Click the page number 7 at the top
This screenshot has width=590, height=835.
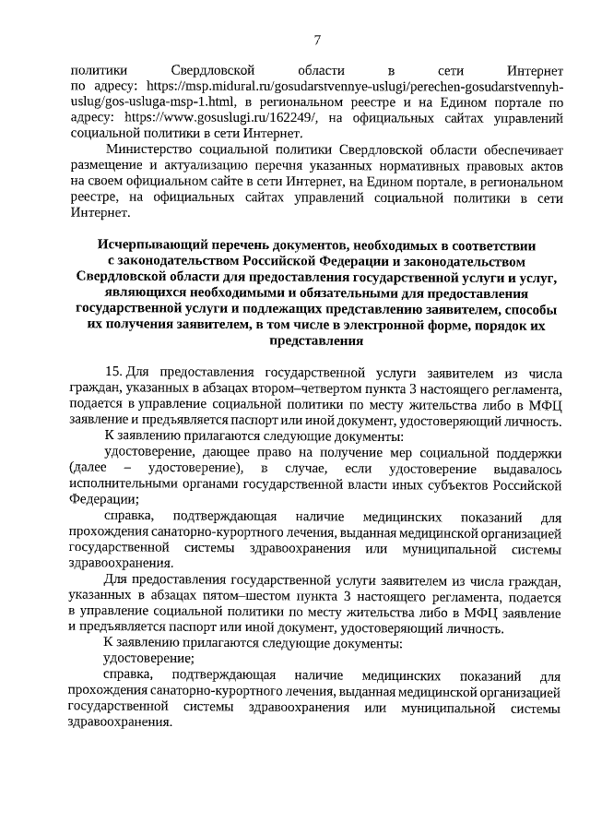click(x=317, y=40)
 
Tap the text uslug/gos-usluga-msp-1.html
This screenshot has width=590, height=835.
click(x=148, y=101)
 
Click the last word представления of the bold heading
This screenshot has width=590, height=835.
click(x=315, y=340)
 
